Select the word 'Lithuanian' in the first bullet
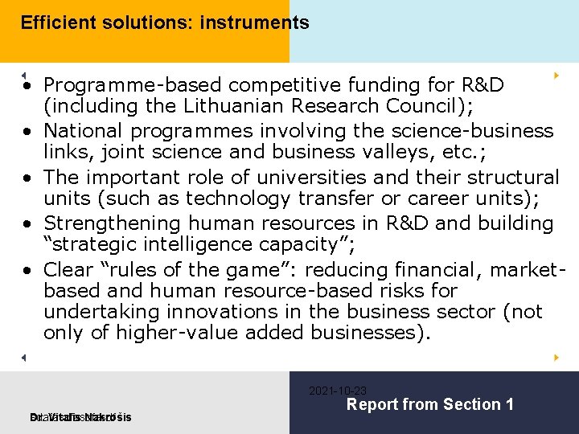[187, 106]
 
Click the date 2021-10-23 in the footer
[338, 391]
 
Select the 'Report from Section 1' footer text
[429, 405]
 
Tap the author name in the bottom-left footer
[80, 417]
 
